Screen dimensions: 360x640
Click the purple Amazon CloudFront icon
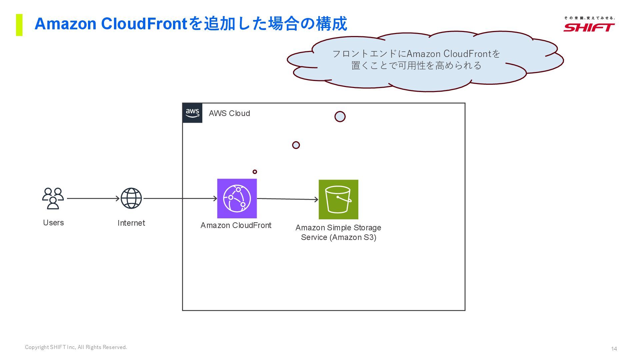(x=237, y=198)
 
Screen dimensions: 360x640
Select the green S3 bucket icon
(x=338, y=199)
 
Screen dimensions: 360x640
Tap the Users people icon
(x=53, y=198)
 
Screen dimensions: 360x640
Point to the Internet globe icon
(x=131, y=198)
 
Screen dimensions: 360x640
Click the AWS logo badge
(x=192, y=113)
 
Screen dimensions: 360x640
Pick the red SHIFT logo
(x=589, y=27)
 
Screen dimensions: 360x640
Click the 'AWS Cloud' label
(x=229, y=113)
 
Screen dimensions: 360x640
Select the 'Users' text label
(x=53, y=223)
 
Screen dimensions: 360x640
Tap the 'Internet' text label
(x=131, y=223)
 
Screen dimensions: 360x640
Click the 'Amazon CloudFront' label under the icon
(x=236, y=225)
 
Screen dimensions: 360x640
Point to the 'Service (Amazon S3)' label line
(x=338, y=237)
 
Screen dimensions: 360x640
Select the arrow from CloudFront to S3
(x=287, y=199)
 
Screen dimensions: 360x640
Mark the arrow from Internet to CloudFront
(x=180, y=198)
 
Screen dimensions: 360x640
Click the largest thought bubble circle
(x=340, y=117)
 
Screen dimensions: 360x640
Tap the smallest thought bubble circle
(x=255, y=172)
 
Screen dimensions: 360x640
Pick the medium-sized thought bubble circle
(x=296, y=145)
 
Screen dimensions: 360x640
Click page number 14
(x=614, y=349)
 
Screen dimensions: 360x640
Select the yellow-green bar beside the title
(x=19, y=25)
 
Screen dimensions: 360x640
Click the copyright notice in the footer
(x=76, y=347)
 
